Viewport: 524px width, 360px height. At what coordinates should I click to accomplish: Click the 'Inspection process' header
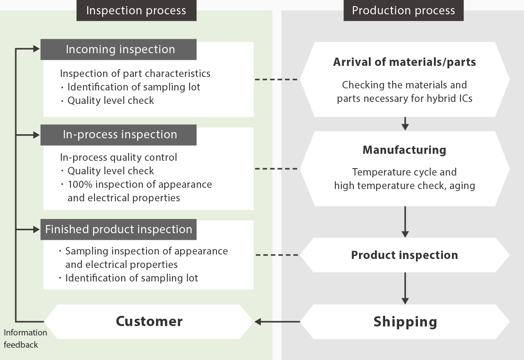pos(136,11)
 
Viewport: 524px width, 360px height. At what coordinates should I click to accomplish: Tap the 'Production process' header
pos(404,11)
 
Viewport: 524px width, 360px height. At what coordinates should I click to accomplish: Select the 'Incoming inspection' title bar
pos(118,49)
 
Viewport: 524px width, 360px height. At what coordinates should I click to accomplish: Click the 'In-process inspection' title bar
pos(118,135)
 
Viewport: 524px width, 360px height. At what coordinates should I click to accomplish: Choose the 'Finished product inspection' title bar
pos(118,229)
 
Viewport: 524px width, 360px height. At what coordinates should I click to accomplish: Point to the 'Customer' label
pos(149,321)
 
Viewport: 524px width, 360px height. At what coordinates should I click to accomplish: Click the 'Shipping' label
pos(405,322)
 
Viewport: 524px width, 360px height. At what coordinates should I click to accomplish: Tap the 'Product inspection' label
pos(404,255)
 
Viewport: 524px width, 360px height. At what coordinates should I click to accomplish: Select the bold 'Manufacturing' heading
pos(404,150)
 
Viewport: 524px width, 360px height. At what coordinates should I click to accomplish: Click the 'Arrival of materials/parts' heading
pos(404,62)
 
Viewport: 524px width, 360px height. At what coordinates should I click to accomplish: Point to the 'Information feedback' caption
pos(25,339)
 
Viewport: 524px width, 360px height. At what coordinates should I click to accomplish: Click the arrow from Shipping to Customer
pos(277,322)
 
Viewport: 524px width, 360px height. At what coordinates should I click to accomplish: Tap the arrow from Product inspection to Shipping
pos(405,288)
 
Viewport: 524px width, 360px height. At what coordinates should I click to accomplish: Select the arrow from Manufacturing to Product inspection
pos(405,222)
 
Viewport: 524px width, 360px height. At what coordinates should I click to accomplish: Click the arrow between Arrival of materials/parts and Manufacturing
pos(405,124)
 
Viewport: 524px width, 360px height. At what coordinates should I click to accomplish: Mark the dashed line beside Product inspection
pos(277,255)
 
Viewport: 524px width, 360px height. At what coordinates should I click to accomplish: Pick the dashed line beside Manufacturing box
pos(276,169)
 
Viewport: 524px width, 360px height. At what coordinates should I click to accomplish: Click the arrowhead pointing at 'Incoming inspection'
pos(37,49)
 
